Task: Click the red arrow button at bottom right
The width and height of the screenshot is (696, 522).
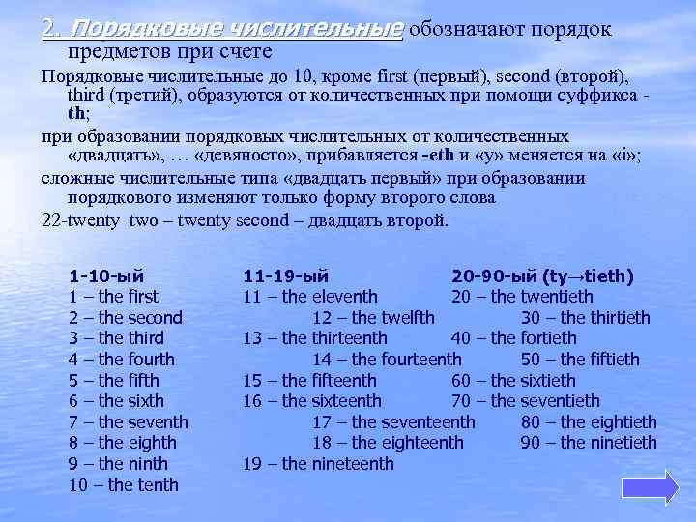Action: [660, 487]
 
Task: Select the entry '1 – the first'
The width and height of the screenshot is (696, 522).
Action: [114, 297]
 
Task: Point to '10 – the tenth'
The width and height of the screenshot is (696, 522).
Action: [123, 484]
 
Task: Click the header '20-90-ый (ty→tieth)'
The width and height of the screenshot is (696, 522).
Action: [542, 275]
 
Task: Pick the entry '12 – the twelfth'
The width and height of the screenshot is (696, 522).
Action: [373, 317]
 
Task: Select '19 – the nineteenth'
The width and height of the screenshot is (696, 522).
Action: [318, 464]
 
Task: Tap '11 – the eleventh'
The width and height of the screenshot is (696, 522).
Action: [309, 297]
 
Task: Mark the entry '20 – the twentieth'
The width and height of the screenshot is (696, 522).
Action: [522, 297]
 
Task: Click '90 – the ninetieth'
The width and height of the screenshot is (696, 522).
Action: [589, 443]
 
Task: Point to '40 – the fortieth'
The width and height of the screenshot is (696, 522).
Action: [513, 338]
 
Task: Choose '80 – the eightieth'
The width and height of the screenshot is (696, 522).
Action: [589, 422]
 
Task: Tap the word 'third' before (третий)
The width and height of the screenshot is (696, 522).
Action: [89, 96]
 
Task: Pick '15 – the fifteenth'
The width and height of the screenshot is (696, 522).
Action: [309, 380]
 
